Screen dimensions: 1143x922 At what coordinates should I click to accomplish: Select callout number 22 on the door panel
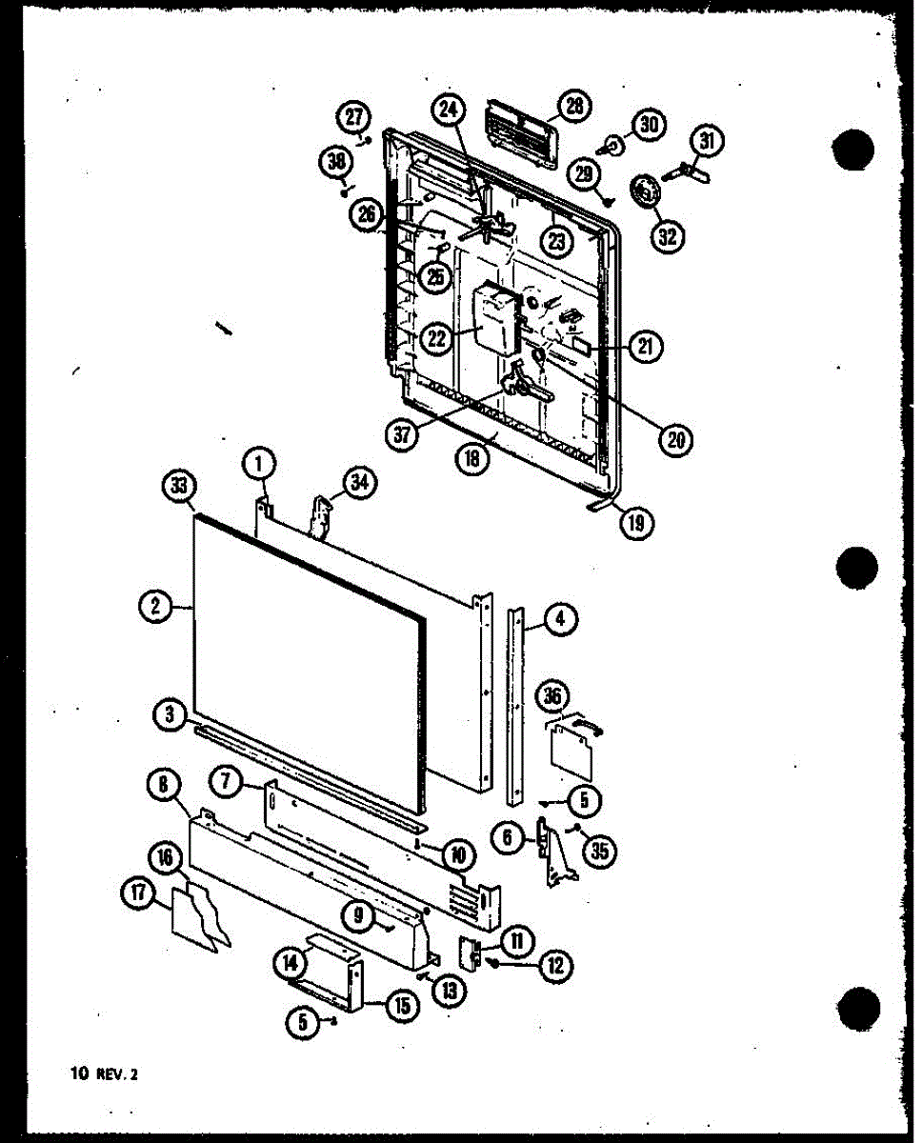coord(437,339)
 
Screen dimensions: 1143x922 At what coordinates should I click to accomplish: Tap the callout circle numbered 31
coord(705,142)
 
